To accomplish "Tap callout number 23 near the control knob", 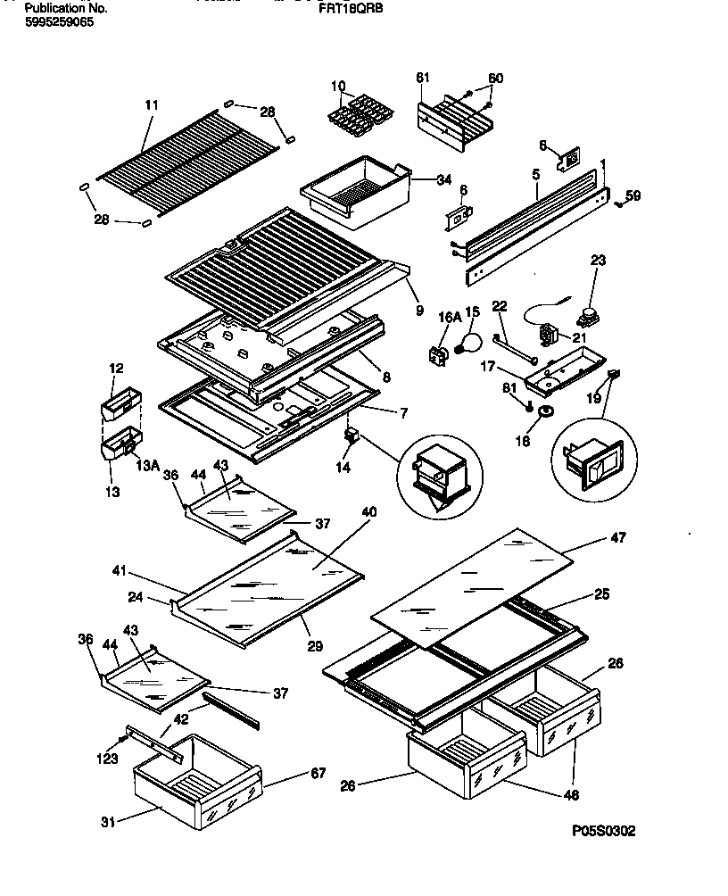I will [599, 261].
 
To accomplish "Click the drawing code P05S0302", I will [605, 831].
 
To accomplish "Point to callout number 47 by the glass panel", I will [617, 538].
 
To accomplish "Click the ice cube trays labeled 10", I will [356, 115].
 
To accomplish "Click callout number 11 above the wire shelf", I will [151, 104].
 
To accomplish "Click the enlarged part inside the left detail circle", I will [437, 472].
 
